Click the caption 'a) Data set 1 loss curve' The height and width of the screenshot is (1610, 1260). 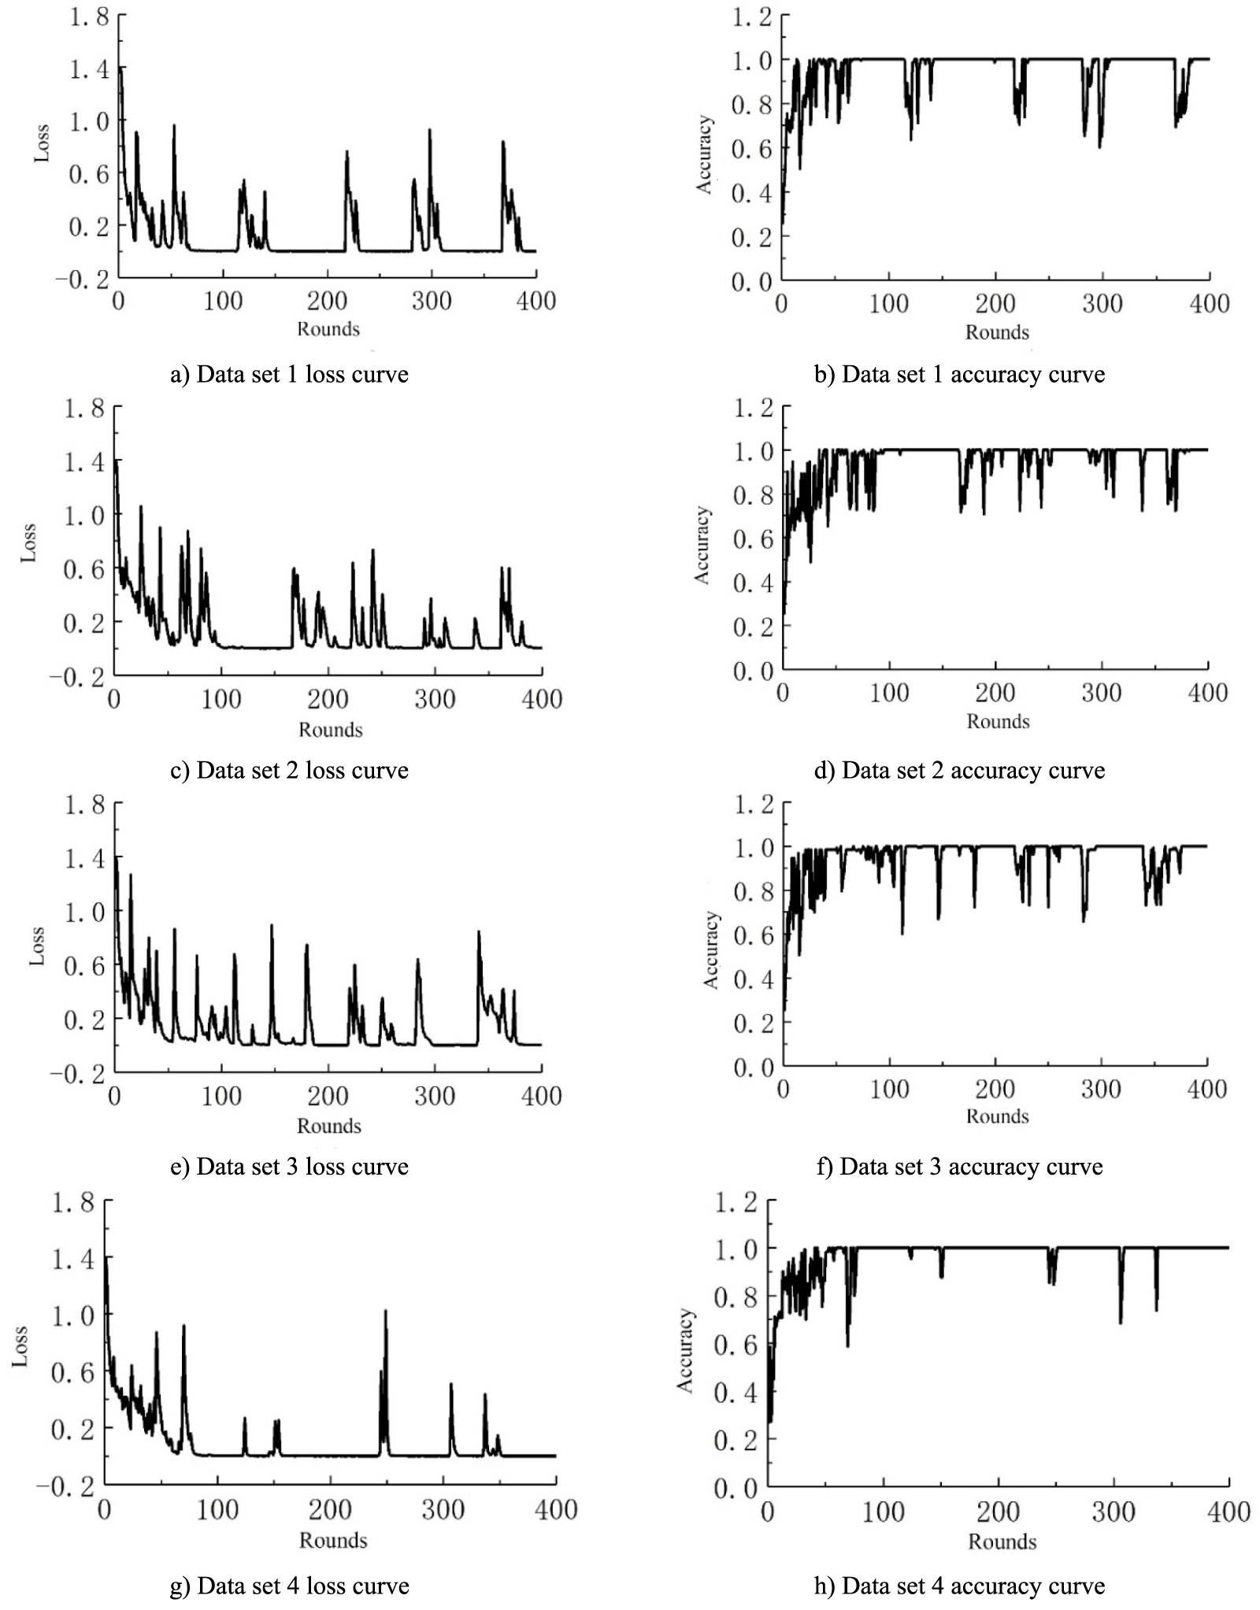click(289, 374)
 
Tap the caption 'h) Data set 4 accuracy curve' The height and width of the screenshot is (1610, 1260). click(959, 1586)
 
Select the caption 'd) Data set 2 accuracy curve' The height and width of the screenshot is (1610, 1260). click(959, 770)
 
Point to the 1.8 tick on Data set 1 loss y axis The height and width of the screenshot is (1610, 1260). click(88, 16)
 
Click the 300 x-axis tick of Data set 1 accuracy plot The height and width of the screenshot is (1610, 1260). click(1102, 304)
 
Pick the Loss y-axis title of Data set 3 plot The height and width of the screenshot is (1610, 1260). click(36, 946)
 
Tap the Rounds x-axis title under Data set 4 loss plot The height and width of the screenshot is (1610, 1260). click(333, 1540)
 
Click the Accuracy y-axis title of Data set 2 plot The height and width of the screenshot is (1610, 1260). click(701, 545)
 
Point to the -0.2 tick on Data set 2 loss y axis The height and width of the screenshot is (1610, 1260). click(77, 676)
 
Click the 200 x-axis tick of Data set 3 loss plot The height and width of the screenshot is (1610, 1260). click(328, 1096)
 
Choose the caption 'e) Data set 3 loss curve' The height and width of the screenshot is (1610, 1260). click(289, 1166)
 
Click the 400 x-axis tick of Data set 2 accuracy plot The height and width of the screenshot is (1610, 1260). click(1207, 694)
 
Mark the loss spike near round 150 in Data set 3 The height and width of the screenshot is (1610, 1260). click(272, 927)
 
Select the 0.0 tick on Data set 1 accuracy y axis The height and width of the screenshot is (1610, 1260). click(752, 281)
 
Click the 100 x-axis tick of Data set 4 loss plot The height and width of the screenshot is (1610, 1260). click(217, 1509)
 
